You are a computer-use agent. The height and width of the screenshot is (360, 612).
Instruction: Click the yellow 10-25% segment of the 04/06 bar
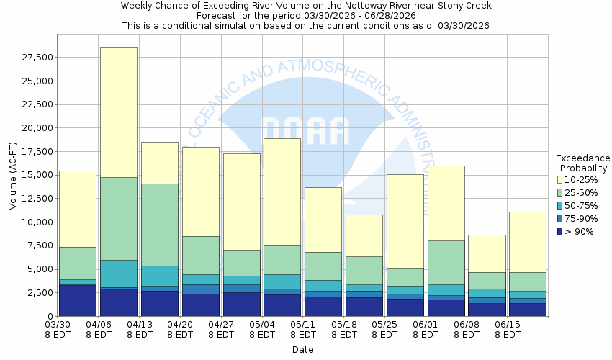click(x=119, y=112)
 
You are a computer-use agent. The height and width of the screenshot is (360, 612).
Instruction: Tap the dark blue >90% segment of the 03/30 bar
click(x=78, y=300)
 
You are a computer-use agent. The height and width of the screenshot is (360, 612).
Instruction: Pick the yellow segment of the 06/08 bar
click(x=487, y=253)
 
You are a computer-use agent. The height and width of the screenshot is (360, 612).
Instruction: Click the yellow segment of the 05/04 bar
click(x=282, y=192)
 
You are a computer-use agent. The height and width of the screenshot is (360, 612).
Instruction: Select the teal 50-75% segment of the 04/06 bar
click(x=119, y=274)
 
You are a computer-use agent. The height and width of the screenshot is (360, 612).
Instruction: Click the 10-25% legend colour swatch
click(x=560, y=179)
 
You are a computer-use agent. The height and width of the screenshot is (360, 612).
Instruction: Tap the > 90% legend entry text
click(x=579, y=231)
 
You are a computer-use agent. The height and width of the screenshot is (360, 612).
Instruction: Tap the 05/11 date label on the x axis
click(x=303, y=329)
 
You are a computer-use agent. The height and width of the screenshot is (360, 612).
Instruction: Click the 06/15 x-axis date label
click(x=508, y=329)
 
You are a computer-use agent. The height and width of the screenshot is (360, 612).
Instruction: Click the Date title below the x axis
click(x=302, y=349)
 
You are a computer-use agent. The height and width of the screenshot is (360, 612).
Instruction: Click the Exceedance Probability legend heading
click(x=583, y=163)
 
